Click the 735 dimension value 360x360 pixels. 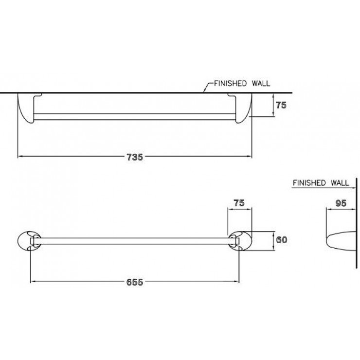pos(135,157)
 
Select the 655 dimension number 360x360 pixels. pos(135,282)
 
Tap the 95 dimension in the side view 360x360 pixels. pos(341,203)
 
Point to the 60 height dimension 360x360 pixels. pos(282,240)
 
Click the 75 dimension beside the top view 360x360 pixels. pos(281,105)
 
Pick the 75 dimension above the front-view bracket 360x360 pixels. pos(239,203)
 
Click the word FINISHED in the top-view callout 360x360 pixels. pos(230,83)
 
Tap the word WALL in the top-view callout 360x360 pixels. pos(261,83)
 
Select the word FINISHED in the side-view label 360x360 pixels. pos(309,183)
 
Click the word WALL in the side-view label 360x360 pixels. pos(340,183)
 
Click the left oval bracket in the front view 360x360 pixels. pos(29,241)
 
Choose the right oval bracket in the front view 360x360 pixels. pos(240,241)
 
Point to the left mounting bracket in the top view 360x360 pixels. pos(29,108)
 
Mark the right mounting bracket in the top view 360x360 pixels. pos(240,108)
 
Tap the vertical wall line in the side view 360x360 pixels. pos(356,223)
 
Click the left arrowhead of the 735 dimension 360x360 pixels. pos(20,156)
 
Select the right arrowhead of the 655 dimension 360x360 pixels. pos(237,281)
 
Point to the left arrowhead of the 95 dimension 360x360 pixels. pos(328,209)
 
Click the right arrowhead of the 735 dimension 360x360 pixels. pos(250,156)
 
